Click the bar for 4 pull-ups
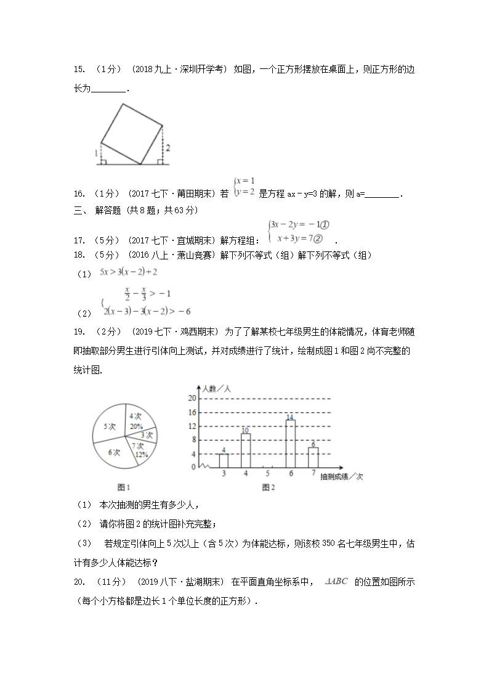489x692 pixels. click(x=246, y=451)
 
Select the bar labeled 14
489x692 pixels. click(x=290, y=444)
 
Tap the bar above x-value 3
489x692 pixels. click(x=224, y=461)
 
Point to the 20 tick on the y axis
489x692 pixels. click(x=192, y=398)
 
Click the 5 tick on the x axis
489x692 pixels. click(x=268, y=473)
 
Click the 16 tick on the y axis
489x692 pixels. click(x=192, y=412)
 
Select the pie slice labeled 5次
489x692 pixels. click(x=110, y=426)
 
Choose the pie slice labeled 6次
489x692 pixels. click(x=114, y=452)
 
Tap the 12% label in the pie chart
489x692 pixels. click(x=142, y=455)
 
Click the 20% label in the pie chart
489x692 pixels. click(x=136, y=426)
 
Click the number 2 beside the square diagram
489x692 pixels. click(x=168, y=148)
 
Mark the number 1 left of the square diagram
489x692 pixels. click(x=96, y=152)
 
